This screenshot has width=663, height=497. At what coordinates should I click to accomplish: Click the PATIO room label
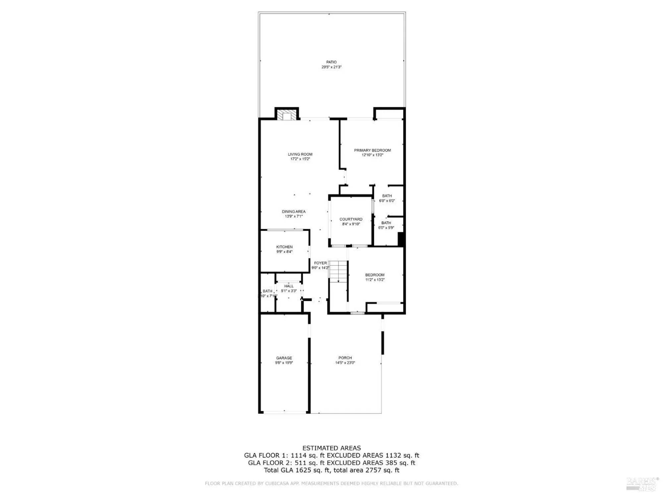click(x=331, y=62)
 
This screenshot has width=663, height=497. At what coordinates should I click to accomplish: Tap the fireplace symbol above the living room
click(x=286, y=115)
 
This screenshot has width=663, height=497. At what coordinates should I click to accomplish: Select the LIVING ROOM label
click(x=300, y=154)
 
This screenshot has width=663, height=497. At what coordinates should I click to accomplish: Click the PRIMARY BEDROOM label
click(x=372, y=150)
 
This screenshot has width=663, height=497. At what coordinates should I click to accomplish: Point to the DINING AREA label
click(x=294, y=211)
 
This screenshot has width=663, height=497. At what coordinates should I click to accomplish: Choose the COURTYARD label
click(x=351, y=219)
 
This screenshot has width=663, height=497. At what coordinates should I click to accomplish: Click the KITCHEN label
click(x=284, y=247)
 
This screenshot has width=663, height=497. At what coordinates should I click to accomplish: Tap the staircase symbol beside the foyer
click(x=338, y=271)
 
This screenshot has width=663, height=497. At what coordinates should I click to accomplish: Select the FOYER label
click(x=320, y=263)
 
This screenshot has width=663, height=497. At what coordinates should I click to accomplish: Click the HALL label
click(x=289, y=286)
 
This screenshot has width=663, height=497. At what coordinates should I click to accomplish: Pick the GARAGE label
click(x=284, y=358)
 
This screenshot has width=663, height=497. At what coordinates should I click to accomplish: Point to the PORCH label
click(x=345, y=358)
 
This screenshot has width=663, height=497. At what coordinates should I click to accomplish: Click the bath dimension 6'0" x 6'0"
click(x=387, y=201)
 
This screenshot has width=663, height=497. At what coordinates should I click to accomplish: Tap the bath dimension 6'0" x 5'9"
click(x=386, y=228)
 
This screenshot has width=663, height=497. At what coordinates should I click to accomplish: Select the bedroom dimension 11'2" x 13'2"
click(x=375, y=280)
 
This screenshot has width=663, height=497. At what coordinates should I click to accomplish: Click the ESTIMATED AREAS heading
click(x=331, y=448)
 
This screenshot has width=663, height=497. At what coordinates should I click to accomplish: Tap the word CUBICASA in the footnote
click(x=278, y=483)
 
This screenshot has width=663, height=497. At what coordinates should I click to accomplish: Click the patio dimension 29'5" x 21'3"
click(x=331, y=67)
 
